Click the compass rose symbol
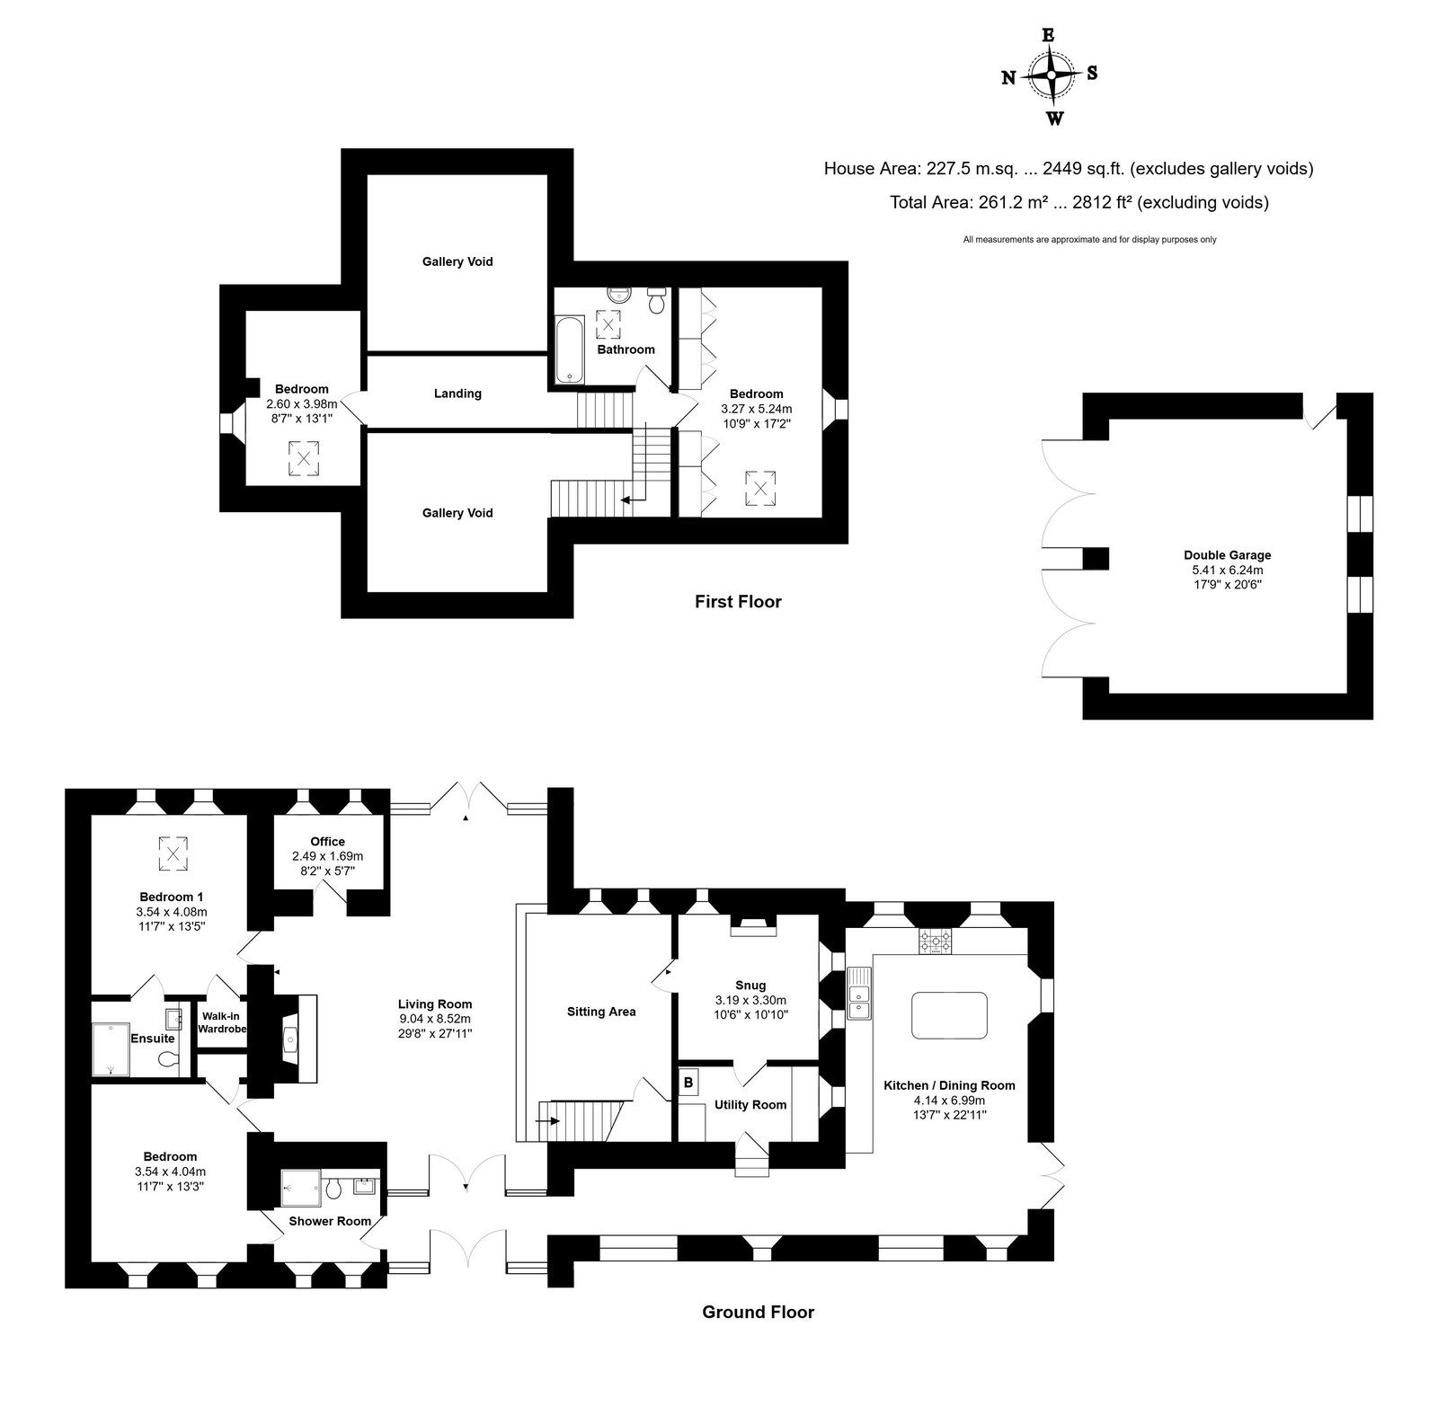1051,75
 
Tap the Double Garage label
1227,555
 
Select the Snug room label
750,986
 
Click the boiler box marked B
688,1083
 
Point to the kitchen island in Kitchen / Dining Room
950,1015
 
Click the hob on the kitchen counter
936,942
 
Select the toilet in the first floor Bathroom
656,301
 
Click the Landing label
457,394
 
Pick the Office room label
327,842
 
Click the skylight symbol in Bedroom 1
173,853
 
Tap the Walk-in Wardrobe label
222,1022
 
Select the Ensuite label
153,1039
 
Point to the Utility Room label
750,1105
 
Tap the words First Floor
738,602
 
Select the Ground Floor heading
758,1313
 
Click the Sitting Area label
601,1012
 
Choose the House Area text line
1069,168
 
